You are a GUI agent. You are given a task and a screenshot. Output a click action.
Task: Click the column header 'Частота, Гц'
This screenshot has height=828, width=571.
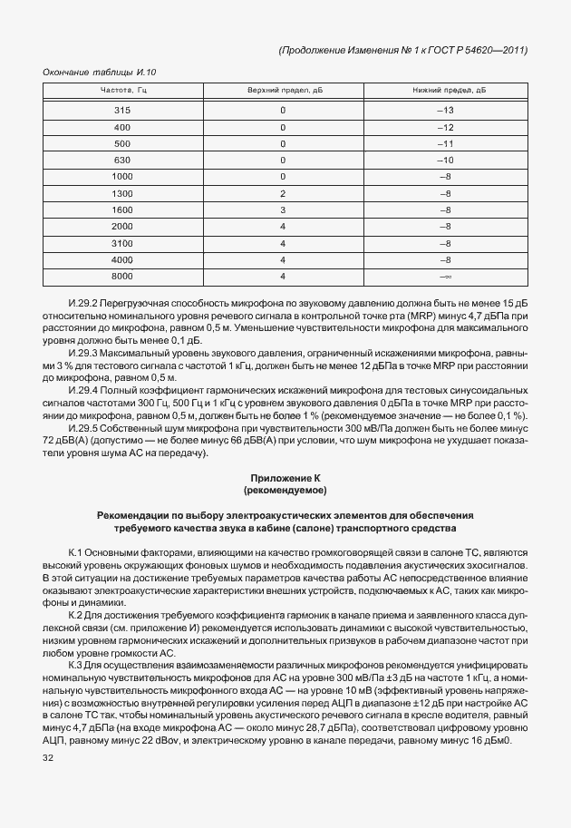coord(122,91)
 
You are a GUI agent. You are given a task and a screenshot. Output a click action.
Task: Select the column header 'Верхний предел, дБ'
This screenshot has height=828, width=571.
coord(285,91)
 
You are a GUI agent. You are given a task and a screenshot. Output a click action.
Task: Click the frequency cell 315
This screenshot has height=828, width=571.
coord(122,110)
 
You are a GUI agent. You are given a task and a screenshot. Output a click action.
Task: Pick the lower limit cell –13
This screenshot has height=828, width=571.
coord(445,110)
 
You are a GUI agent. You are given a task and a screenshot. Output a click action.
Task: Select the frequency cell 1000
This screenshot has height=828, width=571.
coord(122,176)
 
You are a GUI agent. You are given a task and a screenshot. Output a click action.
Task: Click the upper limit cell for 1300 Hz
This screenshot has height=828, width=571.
coord(284,193)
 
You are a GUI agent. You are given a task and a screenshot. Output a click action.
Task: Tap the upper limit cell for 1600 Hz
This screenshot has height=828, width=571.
coord(284,209)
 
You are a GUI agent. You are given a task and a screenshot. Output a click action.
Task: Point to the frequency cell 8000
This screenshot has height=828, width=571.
coord(122,275)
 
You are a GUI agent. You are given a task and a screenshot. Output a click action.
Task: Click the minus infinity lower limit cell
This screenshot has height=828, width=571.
coord(445,275)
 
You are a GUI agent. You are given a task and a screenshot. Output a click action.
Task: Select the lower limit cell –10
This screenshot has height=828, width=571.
coord(445,160)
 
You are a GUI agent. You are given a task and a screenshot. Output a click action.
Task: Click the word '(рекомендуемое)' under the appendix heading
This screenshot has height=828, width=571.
coord(285,490)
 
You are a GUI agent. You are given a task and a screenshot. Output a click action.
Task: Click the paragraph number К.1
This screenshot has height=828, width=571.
coord(76,551)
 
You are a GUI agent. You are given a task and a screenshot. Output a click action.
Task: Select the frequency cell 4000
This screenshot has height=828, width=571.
coord(122,258)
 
